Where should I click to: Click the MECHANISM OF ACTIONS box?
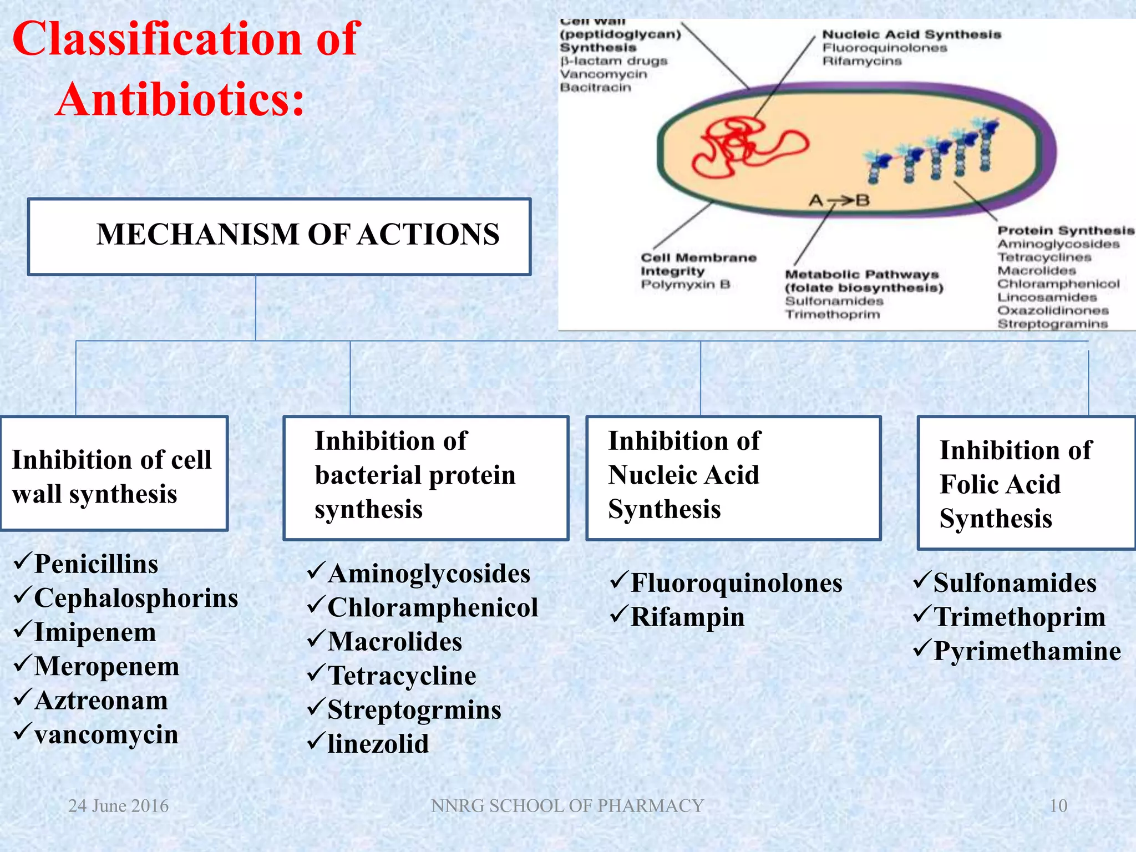tap(280, 236)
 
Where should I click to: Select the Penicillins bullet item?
tap(95, 564)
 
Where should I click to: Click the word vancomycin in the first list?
tap(105, 735)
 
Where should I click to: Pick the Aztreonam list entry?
tap(101, 701)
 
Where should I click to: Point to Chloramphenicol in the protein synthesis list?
tap(433, 607)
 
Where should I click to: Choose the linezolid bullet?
tap(378, 744)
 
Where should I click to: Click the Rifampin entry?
tap(687, 617)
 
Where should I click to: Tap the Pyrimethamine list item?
tap(1027, 651)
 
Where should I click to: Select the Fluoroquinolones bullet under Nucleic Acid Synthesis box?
tap(736, 583)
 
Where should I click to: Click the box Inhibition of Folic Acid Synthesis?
tap(1026, 484)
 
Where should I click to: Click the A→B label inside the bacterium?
tap(839, 200)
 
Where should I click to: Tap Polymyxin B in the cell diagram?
tap(685, 285)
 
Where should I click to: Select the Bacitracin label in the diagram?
tap(595, 87)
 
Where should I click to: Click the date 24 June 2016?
tap(118, 805)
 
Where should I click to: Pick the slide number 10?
tap(1058, 805)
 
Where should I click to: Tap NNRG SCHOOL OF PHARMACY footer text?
tap(567, 805)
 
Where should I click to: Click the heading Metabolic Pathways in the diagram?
tap(861, 275)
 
